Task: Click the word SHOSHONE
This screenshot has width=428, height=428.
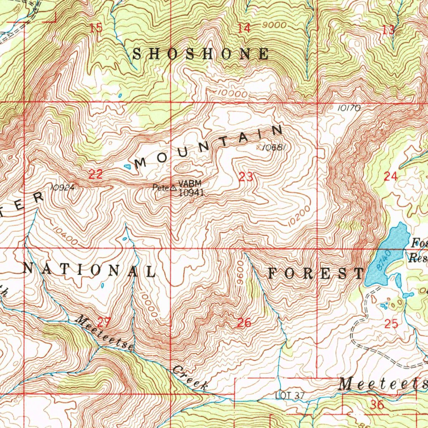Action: point(201,54)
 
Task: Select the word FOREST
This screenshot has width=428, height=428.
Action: point(316,273)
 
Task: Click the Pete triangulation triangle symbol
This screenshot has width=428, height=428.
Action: point(173,188)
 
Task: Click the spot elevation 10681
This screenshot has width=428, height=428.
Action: point(275,147)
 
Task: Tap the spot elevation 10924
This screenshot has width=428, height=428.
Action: point(62,188)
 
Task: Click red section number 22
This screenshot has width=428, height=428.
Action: point(96,175)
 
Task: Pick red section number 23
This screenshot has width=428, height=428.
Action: point(246,177)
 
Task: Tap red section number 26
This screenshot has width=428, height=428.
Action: point(244,322)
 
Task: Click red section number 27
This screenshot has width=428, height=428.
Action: point(103,322)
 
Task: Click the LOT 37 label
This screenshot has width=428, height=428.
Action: point(290,395)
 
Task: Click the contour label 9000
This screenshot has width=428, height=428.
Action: point(275,25)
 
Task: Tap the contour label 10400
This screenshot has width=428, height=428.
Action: point(65,235)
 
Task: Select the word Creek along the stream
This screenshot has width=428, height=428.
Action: point(190,378)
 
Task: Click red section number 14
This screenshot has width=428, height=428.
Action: point(244,28)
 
